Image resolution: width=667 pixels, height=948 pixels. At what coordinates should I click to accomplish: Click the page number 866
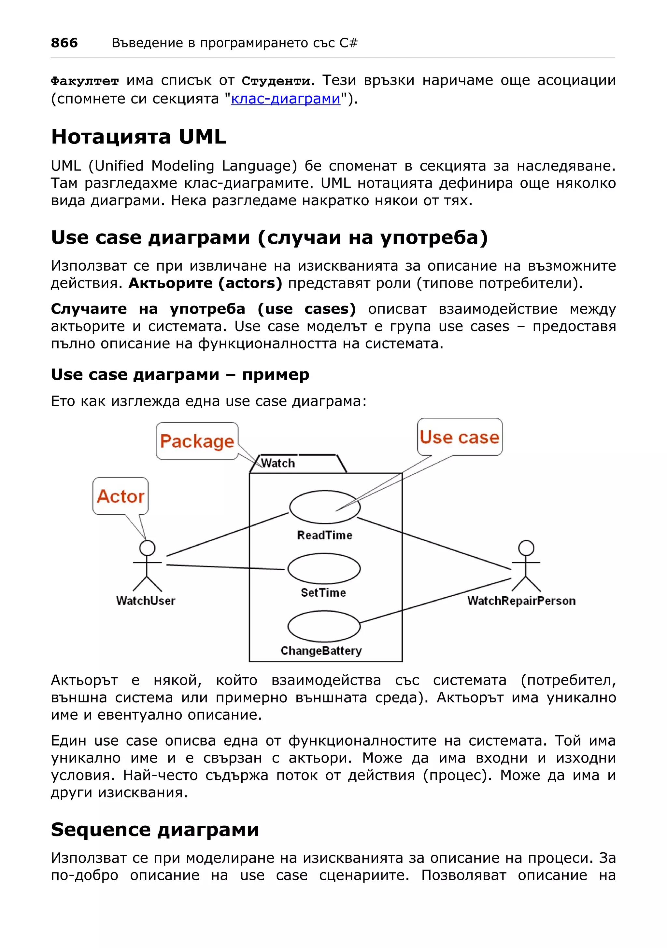[64, 43]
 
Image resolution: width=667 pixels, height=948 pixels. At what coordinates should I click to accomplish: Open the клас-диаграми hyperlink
[285, 99]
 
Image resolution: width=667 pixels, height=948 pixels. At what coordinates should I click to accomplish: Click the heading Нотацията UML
[138, 137]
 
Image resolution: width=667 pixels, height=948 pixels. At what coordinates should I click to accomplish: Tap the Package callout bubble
[197, 441]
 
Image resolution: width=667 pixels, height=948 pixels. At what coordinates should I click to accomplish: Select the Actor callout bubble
[120, 496]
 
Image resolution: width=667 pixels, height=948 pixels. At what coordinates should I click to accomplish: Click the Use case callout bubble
[459, 437]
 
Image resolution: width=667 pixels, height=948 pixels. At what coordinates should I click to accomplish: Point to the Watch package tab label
[278, 463]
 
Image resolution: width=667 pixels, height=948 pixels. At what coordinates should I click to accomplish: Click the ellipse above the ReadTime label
[324, 507]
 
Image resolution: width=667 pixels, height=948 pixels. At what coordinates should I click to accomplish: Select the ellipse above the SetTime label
[324, 569]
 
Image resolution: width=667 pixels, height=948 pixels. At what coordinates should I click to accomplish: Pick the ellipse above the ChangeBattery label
[324, 626]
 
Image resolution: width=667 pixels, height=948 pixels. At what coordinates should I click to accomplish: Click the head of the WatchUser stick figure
[147, 548]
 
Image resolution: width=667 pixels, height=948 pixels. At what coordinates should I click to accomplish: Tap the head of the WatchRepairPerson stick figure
[526, 548]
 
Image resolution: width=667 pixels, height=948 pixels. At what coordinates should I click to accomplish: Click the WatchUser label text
[146, 601]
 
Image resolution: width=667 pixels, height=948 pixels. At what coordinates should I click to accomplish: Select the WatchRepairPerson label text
[521, 601]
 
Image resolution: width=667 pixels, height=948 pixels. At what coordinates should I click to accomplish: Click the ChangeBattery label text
[321, 651]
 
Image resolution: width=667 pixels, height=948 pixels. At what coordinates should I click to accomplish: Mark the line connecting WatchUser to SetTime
[225, 567]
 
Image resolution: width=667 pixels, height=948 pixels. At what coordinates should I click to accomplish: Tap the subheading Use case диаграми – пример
[180, 374]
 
